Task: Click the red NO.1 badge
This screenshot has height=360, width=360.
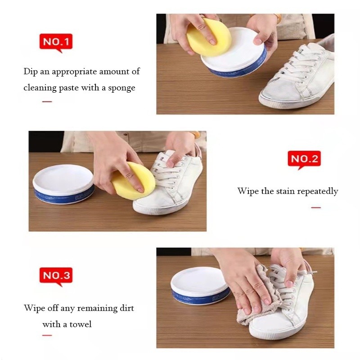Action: [56, 42]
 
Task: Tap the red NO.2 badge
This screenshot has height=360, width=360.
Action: [304, 159]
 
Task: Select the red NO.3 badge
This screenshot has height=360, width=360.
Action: [56, 276]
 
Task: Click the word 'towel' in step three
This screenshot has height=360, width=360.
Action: [81, 324]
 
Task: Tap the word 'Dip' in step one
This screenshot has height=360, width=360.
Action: [31, 72]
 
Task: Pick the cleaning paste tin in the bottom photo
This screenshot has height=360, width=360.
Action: [199, 285]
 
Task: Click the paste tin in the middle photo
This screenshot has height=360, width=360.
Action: [63, 184]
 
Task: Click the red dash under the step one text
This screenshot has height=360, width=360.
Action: [47, 102]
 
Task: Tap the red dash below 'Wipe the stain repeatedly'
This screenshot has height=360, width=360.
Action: [316, 207]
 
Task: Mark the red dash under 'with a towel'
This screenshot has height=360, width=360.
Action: [47, 335]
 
